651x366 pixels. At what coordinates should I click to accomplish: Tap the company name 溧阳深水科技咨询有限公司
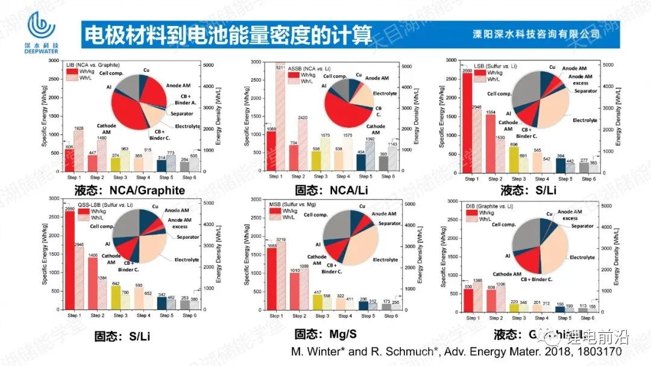(536, 34)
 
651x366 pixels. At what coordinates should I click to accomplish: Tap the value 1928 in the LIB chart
(78, 128)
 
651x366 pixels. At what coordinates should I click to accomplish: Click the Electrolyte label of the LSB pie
(585, 121)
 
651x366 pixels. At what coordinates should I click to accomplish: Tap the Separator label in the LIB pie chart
(181, 114)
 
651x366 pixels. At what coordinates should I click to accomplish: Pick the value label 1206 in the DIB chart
(500, 283)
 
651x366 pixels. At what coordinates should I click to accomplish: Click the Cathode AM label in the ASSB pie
(376, 130)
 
